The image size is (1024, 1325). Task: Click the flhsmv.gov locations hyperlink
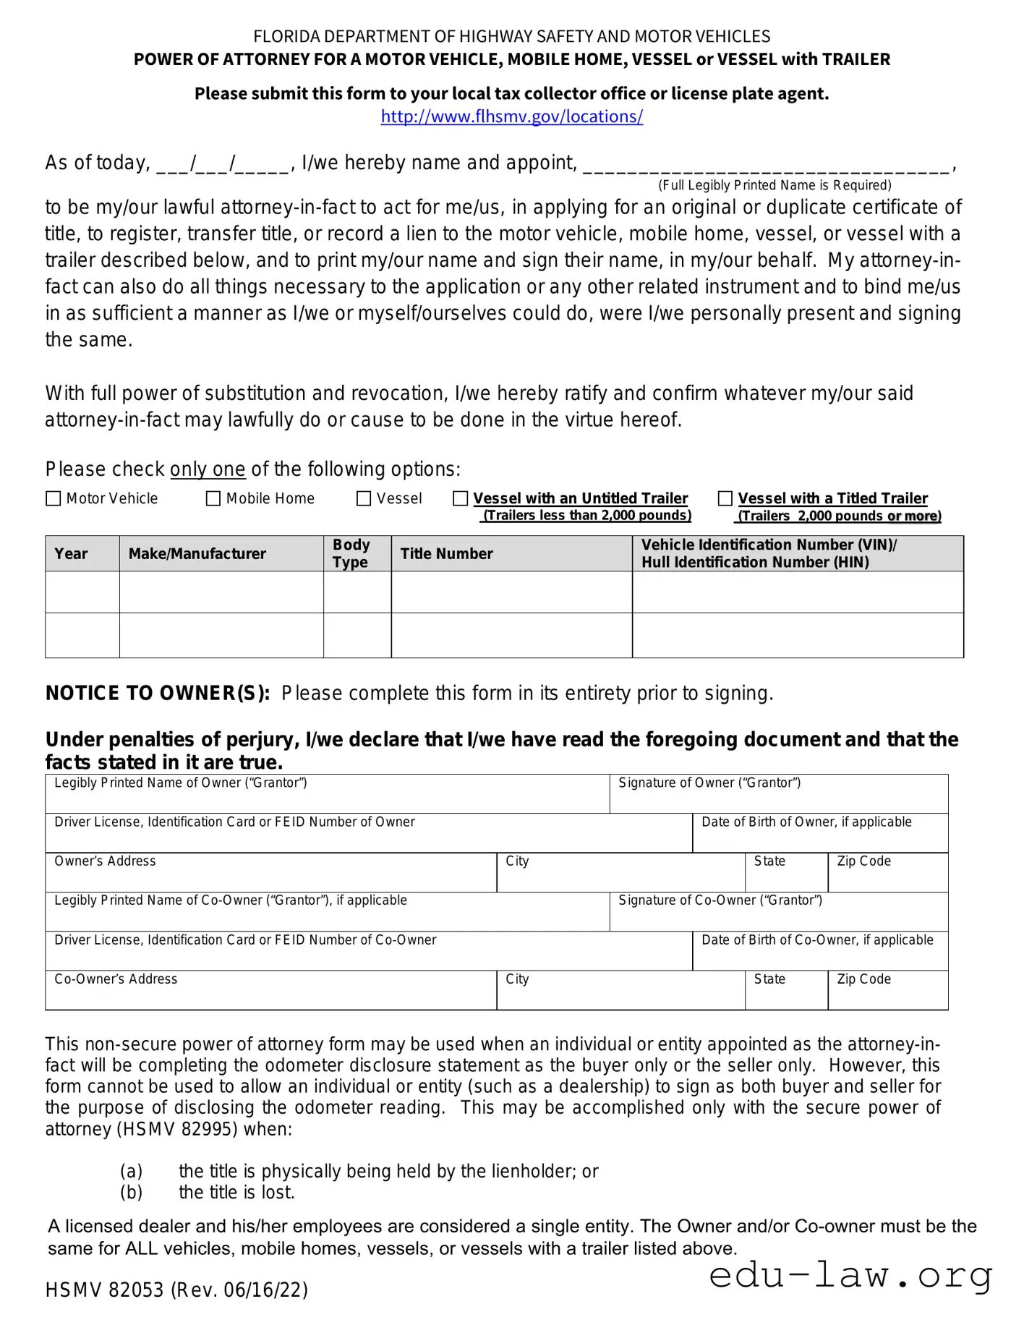[511, 116]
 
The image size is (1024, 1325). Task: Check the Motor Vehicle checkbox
[53, 498]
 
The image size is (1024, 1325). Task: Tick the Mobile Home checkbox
[213, 498]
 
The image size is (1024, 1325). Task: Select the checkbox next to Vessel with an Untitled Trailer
[460, 498]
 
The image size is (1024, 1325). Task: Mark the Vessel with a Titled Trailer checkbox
[725, 498]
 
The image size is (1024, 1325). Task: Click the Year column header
[71, 554]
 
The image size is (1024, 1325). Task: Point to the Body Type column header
[351, 554]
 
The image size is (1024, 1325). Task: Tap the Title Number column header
[447, 554]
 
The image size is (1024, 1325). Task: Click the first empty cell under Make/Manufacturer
[221, 592]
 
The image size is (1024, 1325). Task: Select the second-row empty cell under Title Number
[511, 636]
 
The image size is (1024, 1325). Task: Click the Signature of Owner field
[778, 798]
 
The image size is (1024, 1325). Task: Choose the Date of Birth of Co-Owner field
[819, 955]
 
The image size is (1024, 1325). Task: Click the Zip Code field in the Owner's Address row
[887, 877]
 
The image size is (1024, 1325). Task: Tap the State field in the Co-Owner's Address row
[786, 994]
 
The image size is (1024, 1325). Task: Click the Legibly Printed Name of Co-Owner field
[327, 916]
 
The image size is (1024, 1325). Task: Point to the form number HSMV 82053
[105, 1290]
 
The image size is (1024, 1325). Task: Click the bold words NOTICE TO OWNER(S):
[158, 693]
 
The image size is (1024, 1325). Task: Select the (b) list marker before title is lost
[131, 1192]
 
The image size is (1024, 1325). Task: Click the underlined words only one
[208, 469]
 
